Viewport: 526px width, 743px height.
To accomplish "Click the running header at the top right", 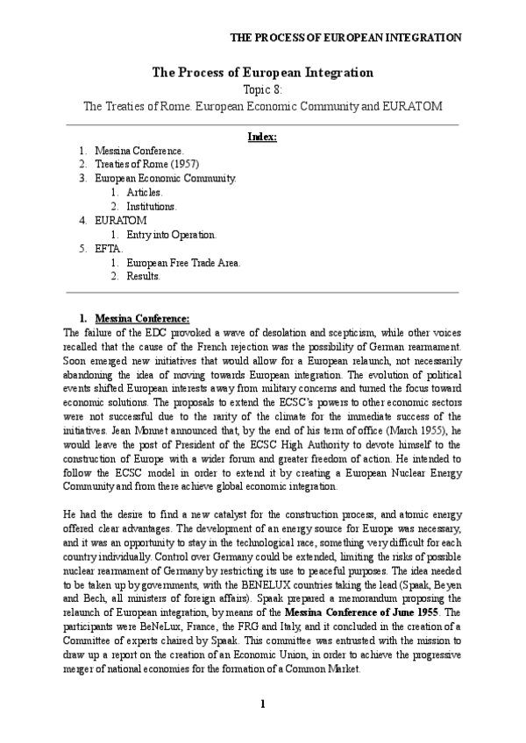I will click(x=345, y=38).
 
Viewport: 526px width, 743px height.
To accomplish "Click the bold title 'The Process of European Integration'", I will click(x=263, y=73).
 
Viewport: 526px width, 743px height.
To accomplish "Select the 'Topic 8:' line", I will click(x=263, y=89).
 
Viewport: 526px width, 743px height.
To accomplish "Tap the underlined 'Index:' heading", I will click(x=263, y=137).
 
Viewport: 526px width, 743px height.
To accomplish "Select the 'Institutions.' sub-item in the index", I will click(x=152, y=207).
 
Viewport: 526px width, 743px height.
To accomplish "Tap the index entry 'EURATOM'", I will click(x=121, y=221).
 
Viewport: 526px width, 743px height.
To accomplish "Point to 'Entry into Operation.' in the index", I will click(x=171, y=235).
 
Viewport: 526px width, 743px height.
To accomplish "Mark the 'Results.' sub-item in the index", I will click(x=144, y=277).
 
